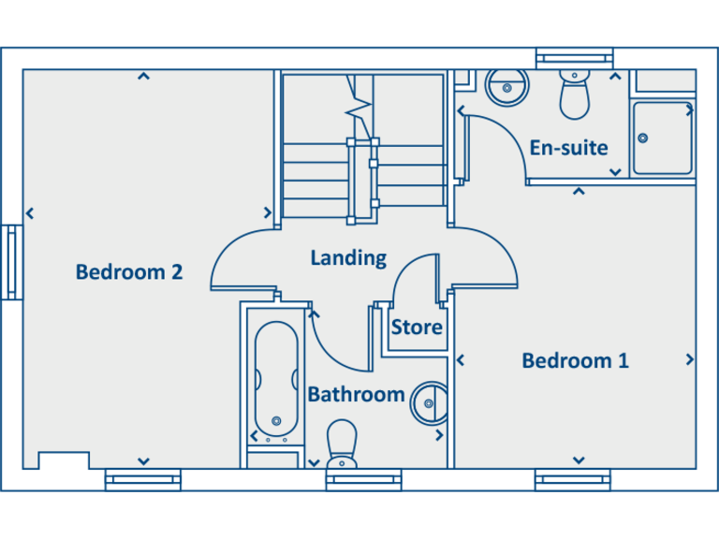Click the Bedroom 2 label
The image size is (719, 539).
point(129,272)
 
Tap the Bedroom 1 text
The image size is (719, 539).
point(575,360)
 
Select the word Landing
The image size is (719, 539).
point(348,257)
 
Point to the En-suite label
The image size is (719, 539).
point(568,148)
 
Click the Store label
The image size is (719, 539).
point(417,328)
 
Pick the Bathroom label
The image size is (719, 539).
point(356,394)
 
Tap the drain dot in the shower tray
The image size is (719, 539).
point(643,138)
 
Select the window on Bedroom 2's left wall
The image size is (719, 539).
point(12,262)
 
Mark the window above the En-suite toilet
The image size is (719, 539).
point(574,58)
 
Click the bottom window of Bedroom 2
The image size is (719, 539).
point(142,481)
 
